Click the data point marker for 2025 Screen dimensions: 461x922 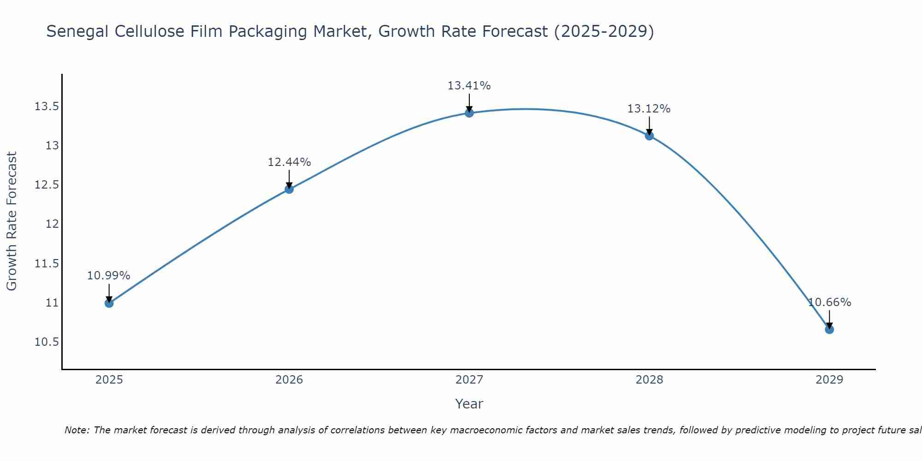point(109,303)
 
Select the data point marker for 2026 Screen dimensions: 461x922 point(289,189)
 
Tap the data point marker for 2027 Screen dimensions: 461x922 point(469,113)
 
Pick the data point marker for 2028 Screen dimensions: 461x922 point(649,136)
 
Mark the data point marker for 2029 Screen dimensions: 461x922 point(829,329)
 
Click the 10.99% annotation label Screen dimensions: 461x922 point(109,276)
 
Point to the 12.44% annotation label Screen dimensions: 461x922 point(289,162)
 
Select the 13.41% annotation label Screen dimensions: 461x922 point(469,86)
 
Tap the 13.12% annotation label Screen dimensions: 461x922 point(649,109)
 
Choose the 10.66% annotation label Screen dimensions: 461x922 point(829,302)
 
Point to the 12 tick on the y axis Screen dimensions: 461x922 point(52,224)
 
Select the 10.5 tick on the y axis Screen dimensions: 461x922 point(47,342)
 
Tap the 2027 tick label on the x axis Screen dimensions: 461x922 point(469,380)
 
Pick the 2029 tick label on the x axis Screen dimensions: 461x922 point(829,380)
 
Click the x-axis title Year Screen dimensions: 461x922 point(469,404)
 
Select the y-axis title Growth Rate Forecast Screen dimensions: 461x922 point(12,221)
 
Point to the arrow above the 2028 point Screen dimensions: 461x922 point(649,125)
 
